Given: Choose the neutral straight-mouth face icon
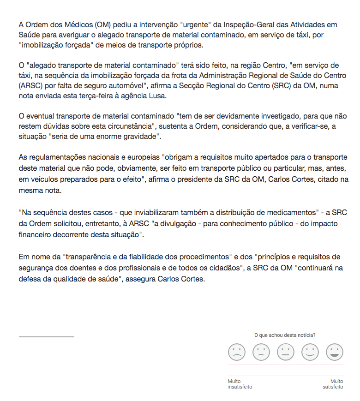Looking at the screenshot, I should point(285,353).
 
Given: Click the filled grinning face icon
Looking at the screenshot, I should point(334,353).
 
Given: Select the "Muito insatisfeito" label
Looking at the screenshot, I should point(240,384).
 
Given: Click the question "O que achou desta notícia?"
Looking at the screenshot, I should point(285,335).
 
